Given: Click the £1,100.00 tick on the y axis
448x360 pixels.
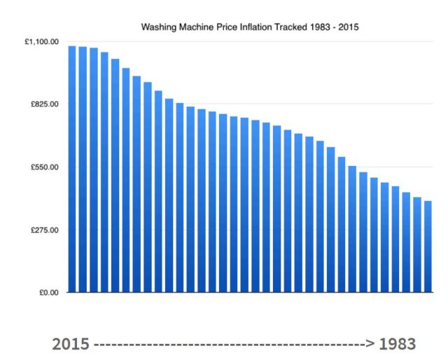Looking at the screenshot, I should [41, 42].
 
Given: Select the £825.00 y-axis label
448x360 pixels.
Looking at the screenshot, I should [44, 104].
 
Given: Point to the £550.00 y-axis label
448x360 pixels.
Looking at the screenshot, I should [44, 167].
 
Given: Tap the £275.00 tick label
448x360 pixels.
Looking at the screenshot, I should [44, 230].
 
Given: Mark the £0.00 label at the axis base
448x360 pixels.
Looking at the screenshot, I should [47, 293].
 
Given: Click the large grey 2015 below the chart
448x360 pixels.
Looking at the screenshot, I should [71, 345].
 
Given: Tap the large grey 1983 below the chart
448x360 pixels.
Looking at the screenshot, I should [398, 345].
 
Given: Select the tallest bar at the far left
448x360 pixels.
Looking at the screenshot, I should [72, 169].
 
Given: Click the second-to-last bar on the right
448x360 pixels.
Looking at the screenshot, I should [417, 244].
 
